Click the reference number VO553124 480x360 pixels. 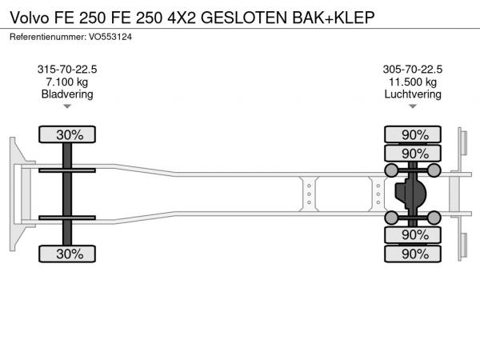pyautogui.click(x=110, y=37)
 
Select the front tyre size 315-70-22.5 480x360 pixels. pyautogui.click(x=67, y=70)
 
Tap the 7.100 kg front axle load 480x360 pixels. pyautogui.click(x=67, y=82)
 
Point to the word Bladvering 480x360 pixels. pyautogui.click(x=67, y=94)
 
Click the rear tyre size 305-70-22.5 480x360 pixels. pyautogui.click(x=413, y=70)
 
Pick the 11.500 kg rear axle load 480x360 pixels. pyautogui.click(x=413, y=82)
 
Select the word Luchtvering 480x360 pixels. pyautogui.click(x=413, y=94)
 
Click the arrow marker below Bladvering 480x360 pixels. pyautogui.click(x=67, y=106)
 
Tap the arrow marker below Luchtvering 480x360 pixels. pyautogui.click(x=413, y=106)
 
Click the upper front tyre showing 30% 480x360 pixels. pyautogui.click(x=67, y=134)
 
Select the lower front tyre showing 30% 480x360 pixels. pyautogui.click(x=67, y=254)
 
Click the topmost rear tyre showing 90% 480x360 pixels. pyautogui.click(x=413, y=134)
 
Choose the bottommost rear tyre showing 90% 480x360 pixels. pyautogui.click(x=413, y=254)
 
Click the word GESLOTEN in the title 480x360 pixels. pyautogui.click(x=244, y=18)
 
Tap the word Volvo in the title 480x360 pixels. pyautogui.click(x=30, y=18)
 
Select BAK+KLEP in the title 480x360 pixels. pyautogui.click(x=334, y=18)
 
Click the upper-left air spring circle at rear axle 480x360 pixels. pyautogui.click(x=391, y=170)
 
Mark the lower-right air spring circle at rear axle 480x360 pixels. pyautogui.click(x=434, y=218)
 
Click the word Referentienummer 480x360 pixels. pyautogui.click(x=48, y=37)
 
